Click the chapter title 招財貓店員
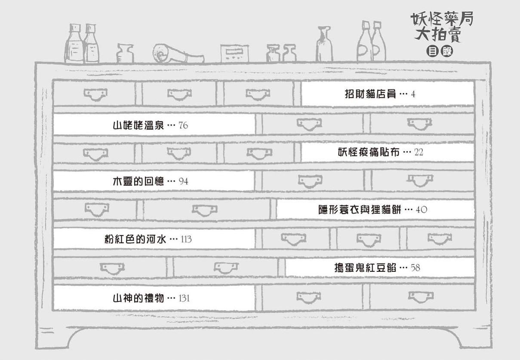(370, 94)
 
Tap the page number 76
(183, 126)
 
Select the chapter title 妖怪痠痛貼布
(369, 152)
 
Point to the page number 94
(183, 181)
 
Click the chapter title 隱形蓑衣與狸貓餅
(360, 209)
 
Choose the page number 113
(186, 239)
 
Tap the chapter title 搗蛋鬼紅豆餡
(365, 268)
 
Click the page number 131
(184, 298)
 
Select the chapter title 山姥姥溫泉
(138, 126)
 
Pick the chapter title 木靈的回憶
(138, 181)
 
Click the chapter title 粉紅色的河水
(135, 239)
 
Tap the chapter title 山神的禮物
(138, 298)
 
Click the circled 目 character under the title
(432, 52)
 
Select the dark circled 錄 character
(447, 52)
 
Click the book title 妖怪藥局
(442, 19)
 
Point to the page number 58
(415, 268)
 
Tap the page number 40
(422, 209)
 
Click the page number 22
(419, 152)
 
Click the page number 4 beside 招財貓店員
(413, 94)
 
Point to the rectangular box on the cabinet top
(234, 53)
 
